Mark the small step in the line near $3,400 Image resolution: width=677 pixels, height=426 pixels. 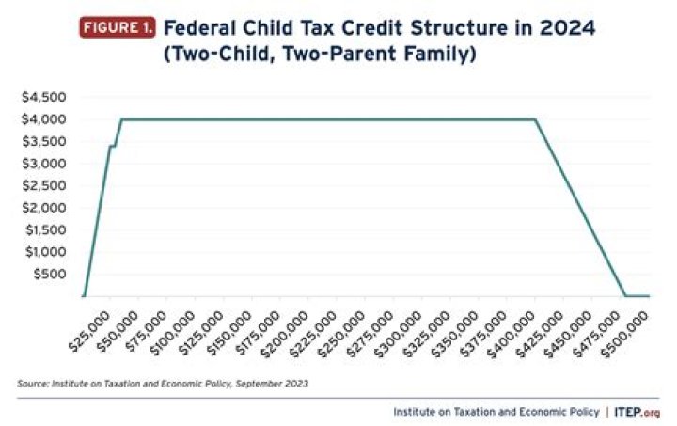tap(113, 146)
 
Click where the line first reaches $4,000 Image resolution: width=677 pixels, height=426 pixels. tap(121, 119)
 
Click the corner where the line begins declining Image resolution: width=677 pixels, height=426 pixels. tap(535, 119)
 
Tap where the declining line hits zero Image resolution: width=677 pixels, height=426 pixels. tap(625, 296)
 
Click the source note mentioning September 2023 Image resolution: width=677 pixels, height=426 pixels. tap(163, 384)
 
